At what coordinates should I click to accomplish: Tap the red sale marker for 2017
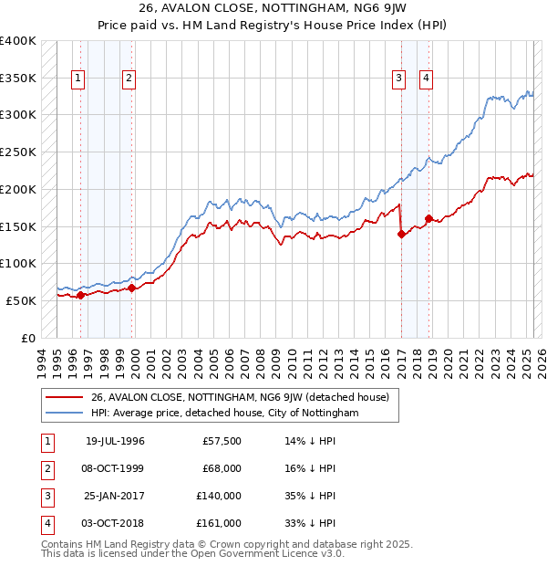pos(401,234)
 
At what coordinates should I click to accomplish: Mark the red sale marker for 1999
pos(131,288)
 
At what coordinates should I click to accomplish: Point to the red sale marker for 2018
pos(428,218)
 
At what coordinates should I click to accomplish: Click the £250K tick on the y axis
pos(18,152)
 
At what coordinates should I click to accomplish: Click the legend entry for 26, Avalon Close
pos(240,397)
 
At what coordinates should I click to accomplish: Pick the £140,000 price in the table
pos(219,497)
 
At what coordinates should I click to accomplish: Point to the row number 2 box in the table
pos(46,469)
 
